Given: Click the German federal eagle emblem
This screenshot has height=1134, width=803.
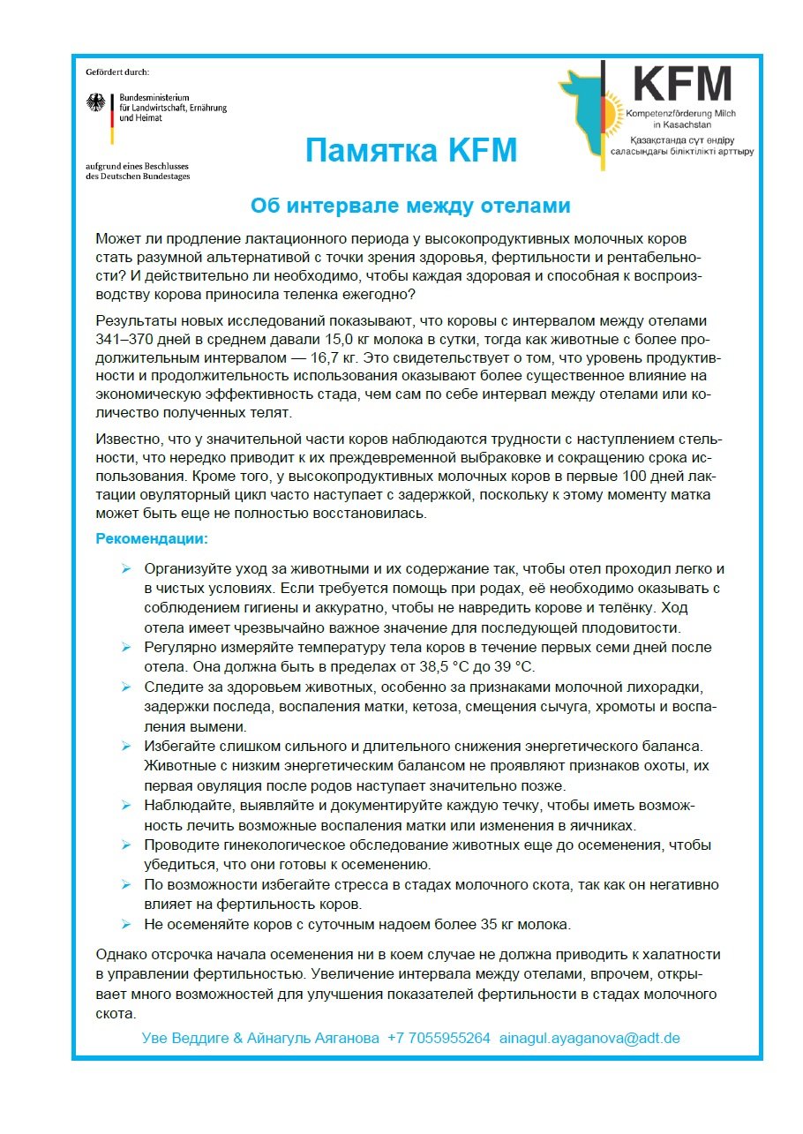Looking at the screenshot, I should [95, 103].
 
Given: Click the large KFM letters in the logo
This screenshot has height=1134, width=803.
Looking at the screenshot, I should [682, 85].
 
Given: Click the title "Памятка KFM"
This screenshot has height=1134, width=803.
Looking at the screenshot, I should [410, 151].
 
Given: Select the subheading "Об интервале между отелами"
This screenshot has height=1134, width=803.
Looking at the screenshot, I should [410, 207].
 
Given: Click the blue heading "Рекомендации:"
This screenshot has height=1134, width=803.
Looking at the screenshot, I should [152, 537].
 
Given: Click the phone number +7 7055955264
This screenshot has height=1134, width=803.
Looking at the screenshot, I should [439, 1038].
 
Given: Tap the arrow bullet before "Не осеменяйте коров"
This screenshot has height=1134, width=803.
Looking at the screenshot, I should [126, 925].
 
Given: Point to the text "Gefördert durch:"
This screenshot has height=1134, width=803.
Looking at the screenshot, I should [117, 70].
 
